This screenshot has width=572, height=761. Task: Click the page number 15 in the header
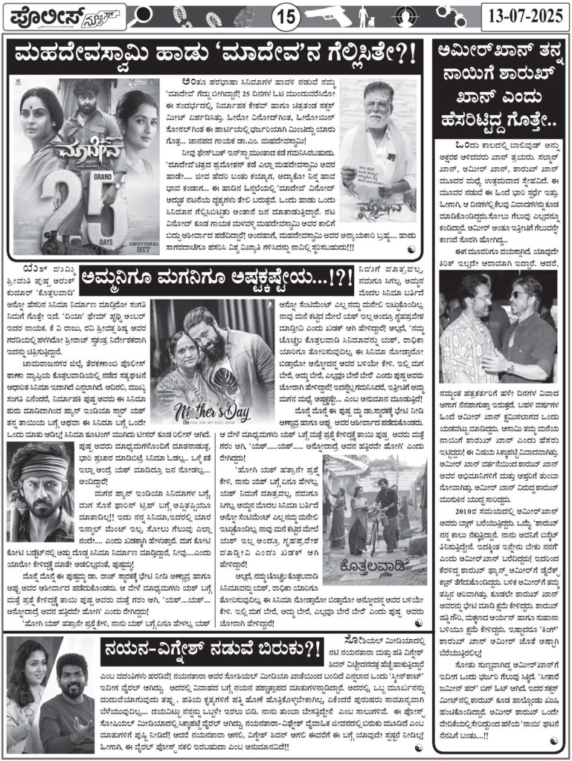point(286,14)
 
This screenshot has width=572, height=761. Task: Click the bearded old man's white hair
point(379,88)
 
